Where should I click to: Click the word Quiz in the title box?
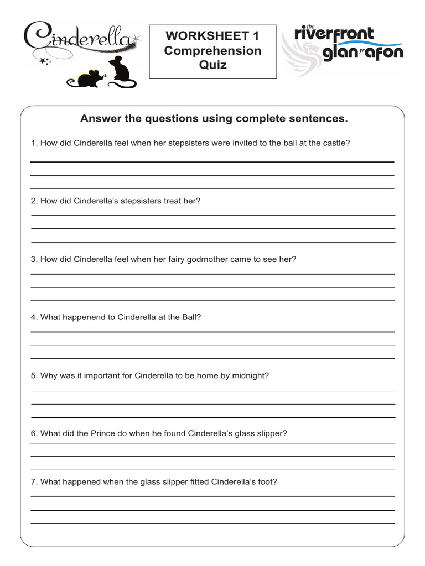coord(212,65)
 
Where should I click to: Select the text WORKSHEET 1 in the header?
coord(212,36)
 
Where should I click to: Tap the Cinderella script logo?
coord(77,38)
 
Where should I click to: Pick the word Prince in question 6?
coord(89,433)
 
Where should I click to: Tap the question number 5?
coord(34,375)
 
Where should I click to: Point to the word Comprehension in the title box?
coord(212,51)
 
